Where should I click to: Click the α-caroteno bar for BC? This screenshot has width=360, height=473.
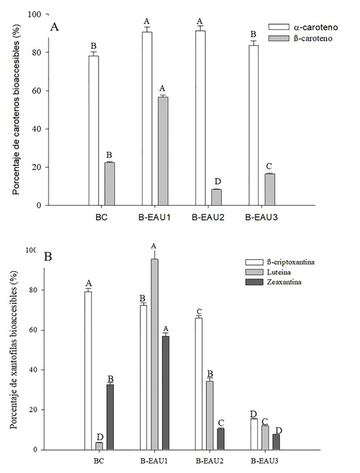click(94, 130)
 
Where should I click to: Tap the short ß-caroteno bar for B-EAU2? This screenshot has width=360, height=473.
click(216, 197)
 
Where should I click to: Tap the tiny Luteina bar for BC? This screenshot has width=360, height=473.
click(99, 446)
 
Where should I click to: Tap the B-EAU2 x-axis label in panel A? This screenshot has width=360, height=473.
click(208, 217)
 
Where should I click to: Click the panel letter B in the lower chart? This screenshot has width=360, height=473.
click(49, 256)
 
